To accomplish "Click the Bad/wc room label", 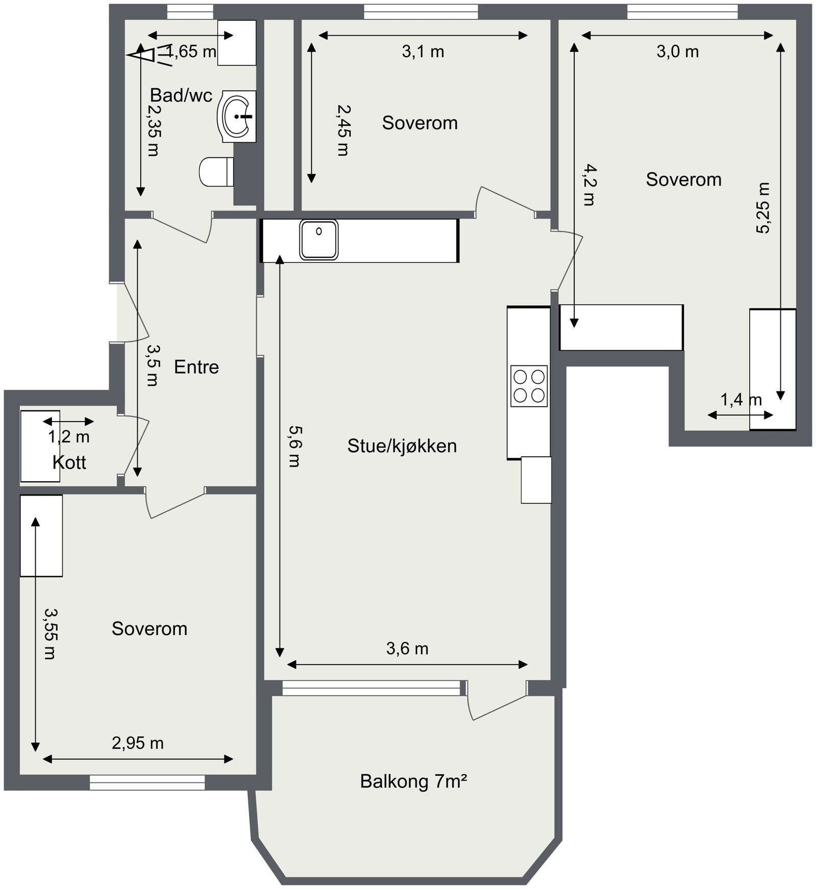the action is tap(181, 95).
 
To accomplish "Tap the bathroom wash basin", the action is tap(237, 117).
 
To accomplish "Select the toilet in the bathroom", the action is tap(216, 172).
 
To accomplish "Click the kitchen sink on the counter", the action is tap(319, 240).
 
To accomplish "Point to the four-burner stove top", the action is tap(529, 386).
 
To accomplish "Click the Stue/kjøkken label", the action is tap(402, 446).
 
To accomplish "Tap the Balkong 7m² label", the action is tap(414, 781).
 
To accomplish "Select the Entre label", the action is tap(196, 367).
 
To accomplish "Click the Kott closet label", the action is tap(69, 462).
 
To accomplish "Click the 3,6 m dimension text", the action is tap(407, 648).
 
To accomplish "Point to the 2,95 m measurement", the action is tap(138, 743).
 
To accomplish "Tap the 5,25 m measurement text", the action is tap(763, 207).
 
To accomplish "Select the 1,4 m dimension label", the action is tap(741, 400).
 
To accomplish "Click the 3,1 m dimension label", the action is tap(423, 51).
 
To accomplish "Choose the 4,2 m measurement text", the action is tap(589, 185).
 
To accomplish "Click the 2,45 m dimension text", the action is tap(344, 130).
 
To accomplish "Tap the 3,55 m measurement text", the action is tap(50, 634).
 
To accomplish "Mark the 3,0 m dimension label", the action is tap(677, 51).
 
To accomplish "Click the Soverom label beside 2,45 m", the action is tap(420, 123).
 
